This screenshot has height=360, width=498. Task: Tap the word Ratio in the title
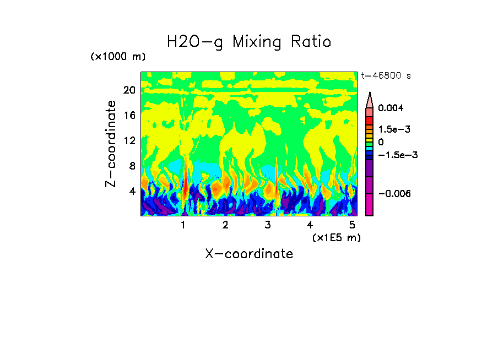tap(310, 42)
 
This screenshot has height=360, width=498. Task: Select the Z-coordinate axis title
tap(111, 144)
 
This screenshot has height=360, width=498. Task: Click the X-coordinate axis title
tap(249, 254)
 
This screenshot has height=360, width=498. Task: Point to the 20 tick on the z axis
tap(129, 90)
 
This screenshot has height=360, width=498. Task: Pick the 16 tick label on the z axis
tap(129, 116)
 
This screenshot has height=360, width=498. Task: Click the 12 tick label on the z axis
tap(129, 140)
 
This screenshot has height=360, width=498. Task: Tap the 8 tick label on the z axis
tap(132, 166)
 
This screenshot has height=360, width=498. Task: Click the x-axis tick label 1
tap(183, 225)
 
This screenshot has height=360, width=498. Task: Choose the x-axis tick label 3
tap(268, 225)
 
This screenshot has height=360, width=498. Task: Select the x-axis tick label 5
tap(352, 225)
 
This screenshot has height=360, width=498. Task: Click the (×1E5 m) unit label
tap(336, 237)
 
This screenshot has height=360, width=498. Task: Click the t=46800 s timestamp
tap(386, 76)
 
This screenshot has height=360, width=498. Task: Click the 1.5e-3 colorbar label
tap(394, 129)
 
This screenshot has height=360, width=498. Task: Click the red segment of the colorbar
tap(370, 120)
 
